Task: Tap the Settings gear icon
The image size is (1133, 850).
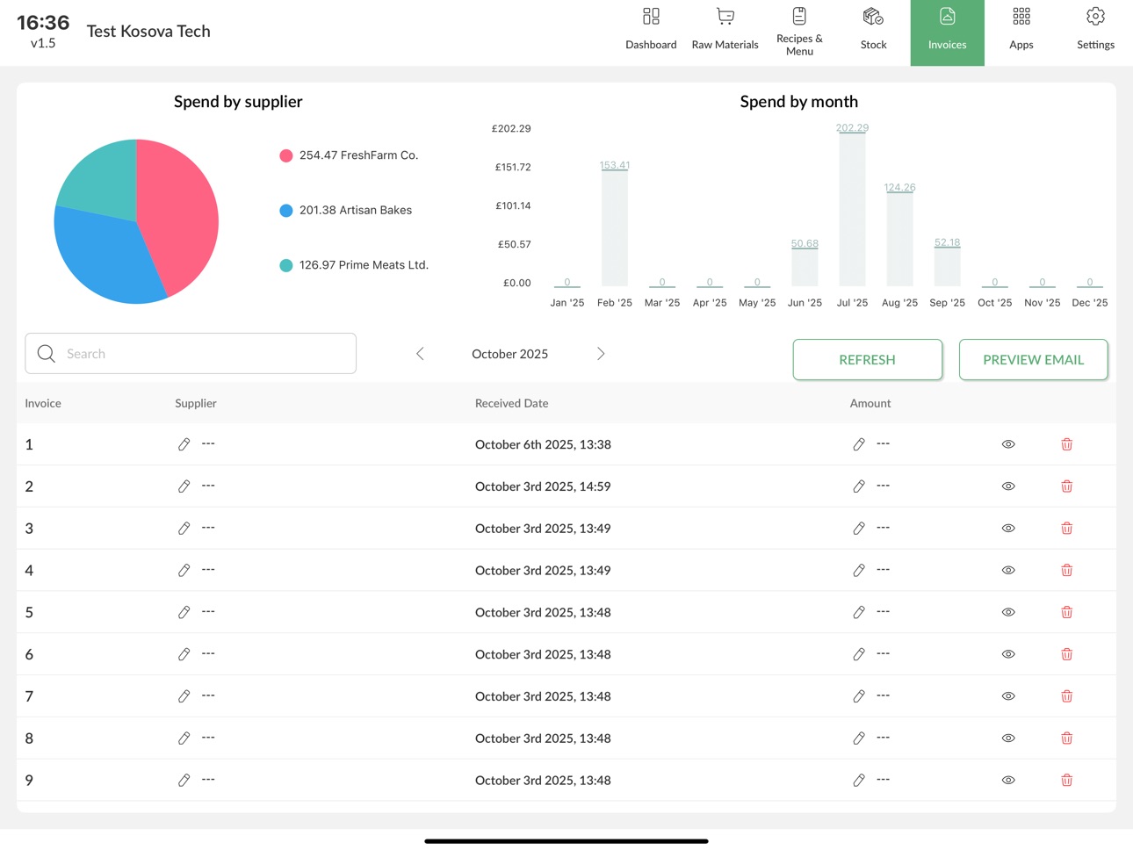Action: [x=1095, y=17]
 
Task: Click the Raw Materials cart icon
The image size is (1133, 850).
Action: [x=725, y=17]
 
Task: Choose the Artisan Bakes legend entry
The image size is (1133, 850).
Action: [x=346, y=210]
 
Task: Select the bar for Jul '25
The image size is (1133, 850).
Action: [x=852, y=210]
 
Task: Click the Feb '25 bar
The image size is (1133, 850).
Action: [x=614, y=228]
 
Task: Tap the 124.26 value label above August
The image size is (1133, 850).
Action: [x=899, y=187]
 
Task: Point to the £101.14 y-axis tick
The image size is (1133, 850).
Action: [x=513, y=205]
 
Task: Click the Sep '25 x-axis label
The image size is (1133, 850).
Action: [x=947, y=302]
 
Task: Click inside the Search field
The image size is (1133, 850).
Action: [x=191, y=354]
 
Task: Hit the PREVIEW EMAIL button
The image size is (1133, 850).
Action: [x=1033, y=360]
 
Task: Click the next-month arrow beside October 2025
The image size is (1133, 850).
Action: [x=600, y=354]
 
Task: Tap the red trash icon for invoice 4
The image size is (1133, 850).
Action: [x=1066, y=570]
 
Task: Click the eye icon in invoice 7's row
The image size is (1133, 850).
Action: [x=1007, y=695]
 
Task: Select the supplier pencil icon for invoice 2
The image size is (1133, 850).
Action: [x=184, y=486]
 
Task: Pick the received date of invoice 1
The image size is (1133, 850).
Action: [x=543, y=444]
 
